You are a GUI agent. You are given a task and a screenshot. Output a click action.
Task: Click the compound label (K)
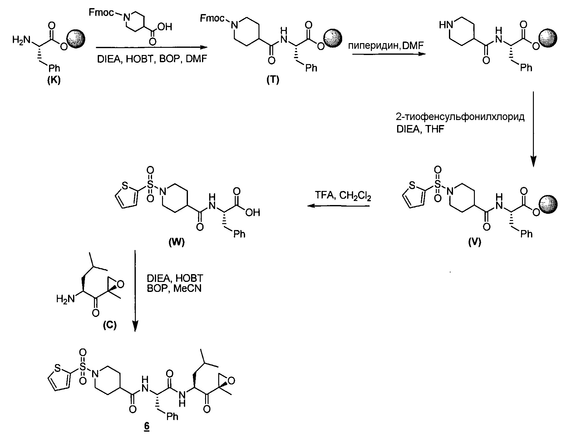point(54,80)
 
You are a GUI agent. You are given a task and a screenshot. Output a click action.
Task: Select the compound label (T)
point(273,80)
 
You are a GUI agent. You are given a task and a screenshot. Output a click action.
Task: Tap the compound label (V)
point(475,242)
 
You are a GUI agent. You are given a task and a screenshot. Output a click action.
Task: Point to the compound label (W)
point(176,242)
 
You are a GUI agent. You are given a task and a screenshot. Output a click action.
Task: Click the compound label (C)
point(110,325)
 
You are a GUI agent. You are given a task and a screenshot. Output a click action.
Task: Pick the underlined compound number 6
point(147,427)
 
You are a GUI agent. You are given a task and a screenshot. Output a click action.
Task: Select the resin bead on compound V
point(549,204)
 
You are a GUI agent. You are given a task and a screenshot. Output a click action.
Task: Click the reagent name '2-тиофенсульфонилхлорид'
point(460,117)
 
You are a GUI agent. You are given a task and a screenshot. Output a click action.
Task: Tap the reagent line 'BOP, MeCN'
point(174,288)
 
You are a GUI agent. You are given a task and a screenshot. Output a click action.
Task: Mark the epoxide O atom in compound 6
point(231,380)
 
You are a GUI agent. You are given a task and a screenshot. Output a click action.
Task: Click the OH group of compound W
point(253,213)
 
